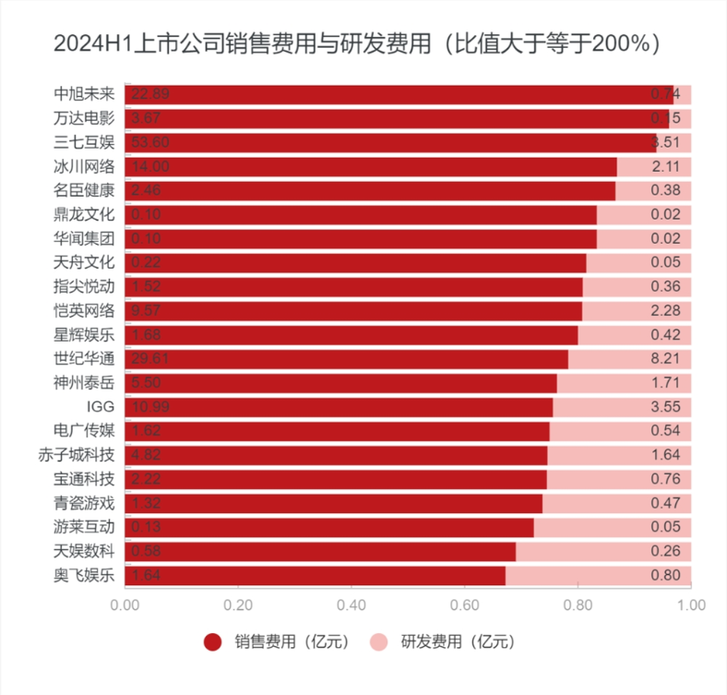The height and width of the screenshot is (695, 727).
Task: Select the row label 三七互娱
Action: (84, 142)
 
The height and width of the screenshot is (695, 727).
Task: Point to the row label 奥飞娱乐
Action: (84, 575)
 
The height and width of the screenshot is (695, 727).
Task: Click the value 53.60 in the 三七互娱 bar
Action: (150, 142)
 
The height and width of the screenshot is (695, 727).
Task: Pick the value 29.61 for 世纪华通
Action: (150, 359)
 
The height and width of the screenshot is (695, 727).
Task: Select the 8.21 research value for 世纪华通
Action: (665, 359)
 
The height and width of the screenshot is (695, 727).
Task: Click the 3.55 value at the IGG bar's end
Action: (665, 407)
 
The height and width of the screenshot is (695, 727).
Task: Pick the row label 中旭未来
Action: (84, 94)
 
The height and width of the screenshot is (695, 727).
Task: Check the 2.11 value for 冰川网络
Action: (665, 166)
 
